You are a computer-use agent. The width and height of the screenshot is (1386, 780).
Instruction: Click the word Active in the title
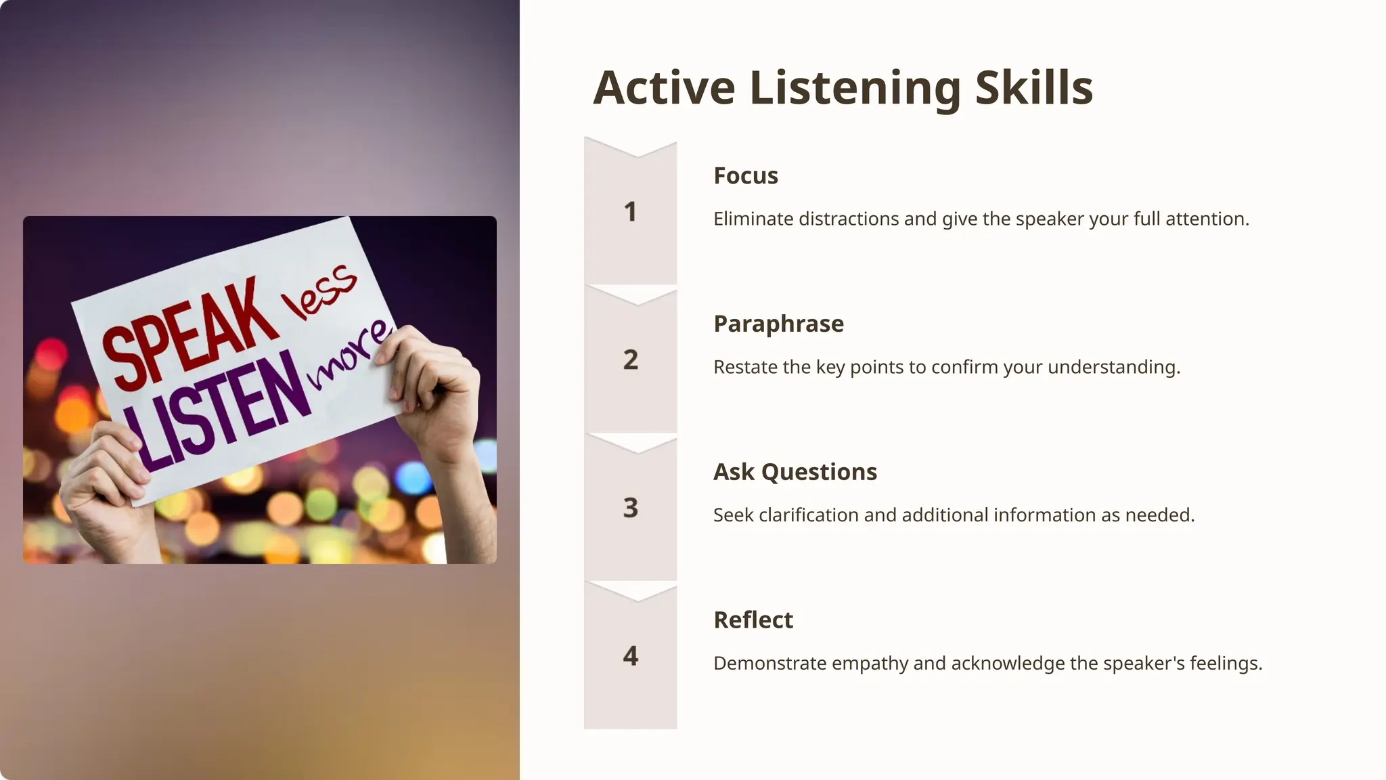pos(664,88)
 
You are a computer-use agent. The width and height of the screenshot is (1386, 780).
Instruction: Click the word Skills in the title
pos(1033,88)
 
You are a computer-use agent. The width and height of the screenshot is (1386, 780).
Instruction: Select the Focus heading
pos(745,176)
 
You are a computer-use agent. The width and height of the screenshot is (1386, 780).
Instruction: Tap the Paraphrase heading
pos(778,324)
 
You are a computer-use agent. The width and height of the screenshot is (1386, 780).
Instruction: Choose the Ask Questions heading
pos(795,472)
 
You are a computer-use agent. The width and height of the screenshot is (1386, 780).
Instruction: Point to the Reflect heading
pos(753,620)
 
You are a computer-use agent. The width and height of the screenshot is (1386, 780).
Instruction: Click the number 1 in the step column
pos(630,212)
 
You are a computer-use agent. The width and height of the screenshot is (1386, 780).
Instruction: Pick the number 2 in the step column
pos(630,360)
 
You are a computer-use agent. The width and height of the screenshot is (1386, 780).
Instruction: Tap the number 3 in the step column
pos(630,508)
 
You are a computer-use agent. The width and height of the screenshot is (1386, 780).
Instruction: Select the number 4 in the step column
pos(630,655)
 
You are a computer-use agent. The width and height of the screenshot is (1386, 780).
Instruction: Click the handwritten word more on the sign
pos(349,356)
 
